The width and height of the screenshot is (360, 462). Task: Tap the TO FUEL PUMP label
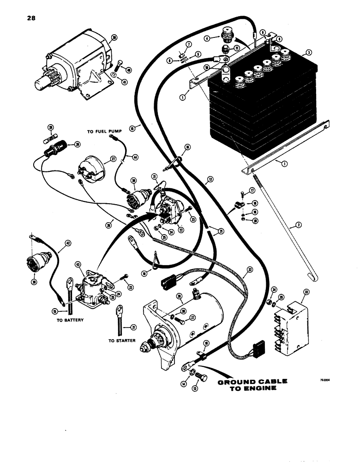click(x=103, y=132)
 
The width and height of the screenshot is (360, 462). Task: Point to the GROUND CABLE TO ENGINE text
click(x=252, y=385)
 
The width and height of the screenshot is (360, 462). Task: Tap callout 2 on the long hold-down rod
click(x=299, y=225)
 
